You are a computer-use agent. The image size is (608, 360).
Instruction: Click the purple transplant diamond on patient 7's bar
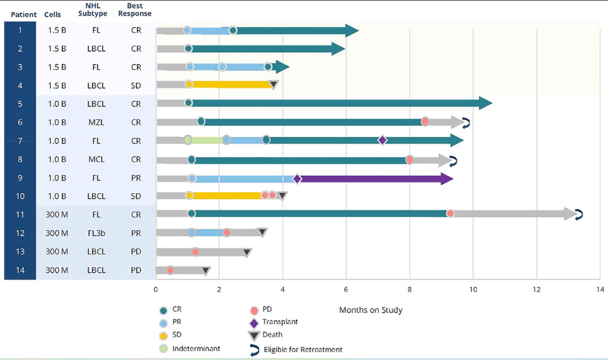[382, 140]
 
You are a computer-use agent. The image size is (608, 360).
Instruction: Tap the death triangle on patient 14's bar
[206, 271]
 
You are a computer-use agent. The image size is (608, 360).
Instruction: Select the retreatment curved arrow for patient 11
[579, 214]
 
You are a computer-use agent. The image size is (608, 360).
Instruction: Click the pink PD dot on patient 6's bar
[425, 121]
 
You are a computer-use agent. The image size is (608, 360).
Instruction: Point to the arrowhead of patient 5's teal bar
[485, 103]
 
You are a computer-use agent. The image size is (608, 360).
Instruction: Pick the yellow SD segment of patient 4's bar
[231, 85]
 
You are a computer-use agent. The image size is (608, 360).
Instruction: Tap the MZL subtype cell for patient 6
[96, 122]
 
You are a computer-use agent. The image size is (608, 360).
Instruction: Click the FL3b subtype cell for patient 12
[96, 233]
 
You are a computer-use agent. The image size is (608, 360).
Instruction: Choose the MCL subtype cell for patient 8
[96, 159]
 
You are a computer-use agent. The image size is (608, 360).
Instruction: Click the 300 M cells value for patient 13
[56, 252]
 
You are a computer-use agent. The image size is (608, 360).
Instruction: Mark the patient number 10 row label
[20, 196]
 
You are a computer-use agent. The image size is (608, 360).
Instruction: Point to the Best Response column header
[136, 10]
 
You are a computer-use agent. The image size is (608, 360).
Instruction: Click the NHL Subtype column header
[96, 10]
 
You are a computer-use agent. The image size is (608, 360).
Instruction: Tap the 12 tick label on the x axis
[537, 290]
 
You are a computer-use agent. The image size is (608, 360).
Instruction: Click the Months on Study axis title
[370, 310]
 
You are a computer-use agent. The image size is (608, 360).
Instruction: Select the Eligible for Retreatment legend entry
[303, 350]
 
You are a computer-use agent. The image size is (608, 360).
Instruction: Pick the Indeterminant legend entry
[196, 349]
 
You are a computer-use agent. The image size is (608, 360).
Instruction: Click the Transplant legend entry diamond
[254, 323]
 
